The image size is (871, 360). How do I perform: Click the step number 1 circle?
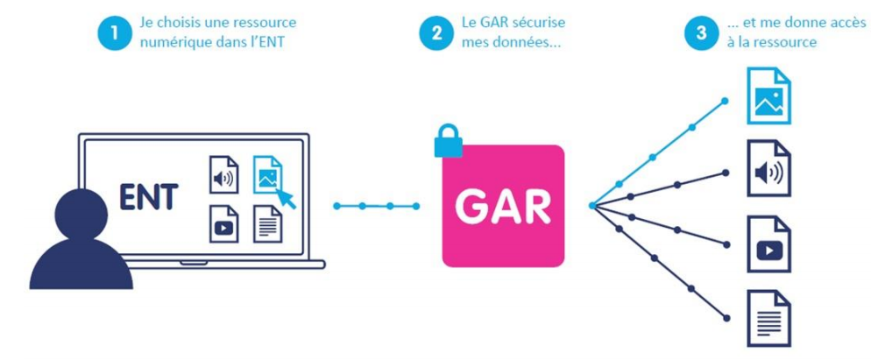tap(114, 32)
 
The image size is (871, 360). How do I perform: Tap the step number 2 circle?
tap(435, 32)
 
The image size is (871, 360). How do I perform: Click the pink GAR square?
tap(503, 205)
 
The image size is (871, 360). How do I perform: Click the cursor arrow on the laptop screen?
tap(285, 197)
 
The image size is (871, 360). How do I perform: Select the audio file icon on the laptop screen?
tap(223, 174)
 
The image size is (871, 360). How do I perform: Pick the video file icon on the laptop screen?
tap(223, 223)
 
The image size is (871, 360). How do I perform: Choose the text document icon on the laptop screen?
tap(267, 223)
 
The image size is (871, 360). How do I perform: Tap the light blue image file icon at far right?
tap(768, 95)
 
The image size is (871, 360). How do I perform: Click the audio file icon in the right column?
tap(768, 170)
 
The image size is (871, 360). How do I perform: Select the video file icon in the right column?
tap(768, 244)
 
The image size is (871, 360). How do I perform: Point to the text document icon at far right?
tap(768, 317)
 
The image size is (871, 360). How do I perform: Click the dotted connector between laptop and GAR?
tap(376, 206)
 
